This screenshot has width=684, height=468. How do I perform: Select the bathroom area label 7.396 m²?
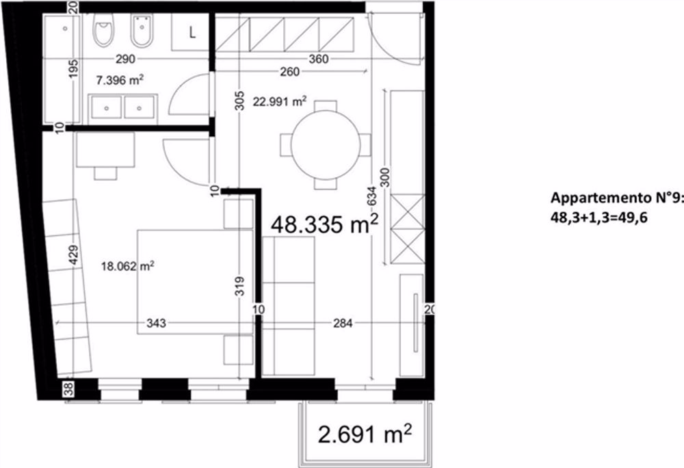(120, 80)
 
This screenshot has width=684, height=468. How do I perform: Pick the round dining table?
(325, 144)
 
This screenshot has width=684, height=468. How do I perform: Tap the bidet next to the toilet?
(144, 31)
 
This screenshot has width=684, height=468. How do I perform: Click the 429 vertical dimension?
(74, 255)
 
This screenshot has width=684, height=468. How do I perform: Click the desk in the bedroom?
(104, 151)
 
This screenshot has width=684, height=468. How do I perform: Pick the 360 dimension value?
(318, 60)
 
